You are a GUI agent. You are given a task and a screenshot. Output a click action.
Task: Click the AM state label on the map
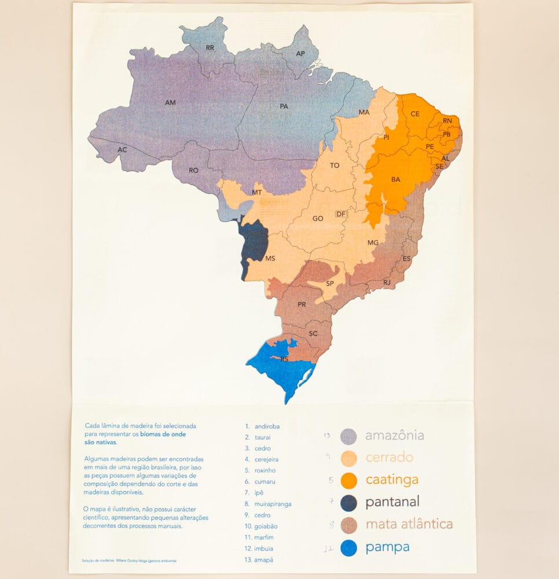pyautogui.click(x=170, y=102)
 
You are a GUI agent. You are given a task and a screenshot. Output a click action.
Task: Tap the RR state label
pyautogui.click(x=210, y=48)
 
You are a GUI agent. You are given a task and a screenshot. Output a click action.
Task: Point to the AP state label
pyautogui.click(x=300, y=53)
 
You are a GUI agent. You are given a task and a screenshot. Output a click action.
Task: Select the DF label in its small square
pyautogui.click(x=341, y=214)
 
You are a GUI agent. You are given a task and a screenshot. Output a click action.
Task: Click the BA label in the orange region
pyautogui.click(x=396, y=179)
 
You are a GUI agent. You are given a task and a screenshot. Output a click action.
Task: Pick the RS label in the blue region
pyautogui.click(x=284, y=360)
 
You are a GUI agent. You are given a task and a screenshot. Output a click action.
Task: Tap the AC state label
pyautogui.click(x=122, y=149)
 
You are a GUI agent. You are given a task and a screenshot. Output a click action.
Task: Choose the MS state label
pyautogui.click(x=270, y=259)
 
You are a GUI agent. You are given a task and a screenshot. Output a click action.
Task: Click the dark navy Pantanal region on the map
pyautogui.click(x=254, y=240)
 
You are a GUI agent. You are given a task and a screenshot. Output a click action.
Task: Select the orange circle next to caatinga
pyautogui.click(x=348, y=480)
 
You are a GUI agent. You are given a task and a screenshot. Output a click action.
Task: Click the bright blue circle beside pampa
pyautogui.click(x=348, y=547)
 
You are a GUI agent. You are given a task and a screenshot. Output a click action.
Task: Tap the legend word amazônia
pyautogui.click(x=395, y=435)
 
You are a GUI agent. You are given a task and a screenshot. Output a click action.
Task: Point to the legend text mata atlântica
pyautogui.click(x=409, y=525)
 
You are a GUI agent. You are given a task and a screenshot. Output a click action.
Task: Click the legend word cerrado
pyautogui.click(x=389, y=457)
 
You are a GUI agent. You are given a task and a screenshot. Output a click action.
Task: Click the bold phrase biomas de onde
pyautogui.click(x=163, y=434)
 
